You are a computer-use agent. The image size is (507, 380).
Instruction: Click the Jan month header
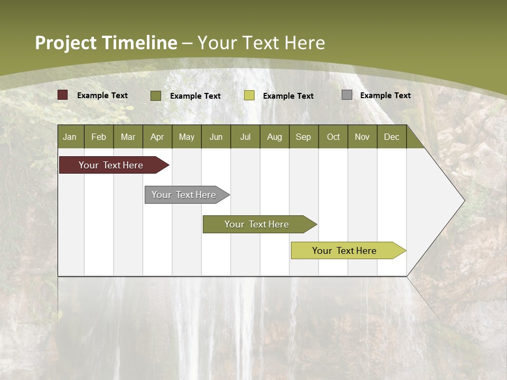click(70, 137)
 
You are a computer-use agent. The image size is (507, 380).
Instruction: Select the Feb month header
click(99, 137)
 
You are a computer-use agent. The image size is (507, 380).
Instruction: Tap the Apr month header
click(157, 137)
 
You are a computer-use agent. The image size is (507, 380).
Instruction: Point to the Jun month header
click(216, 137)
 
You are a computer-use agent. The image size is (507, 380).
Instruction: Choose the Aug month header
click(275, 137)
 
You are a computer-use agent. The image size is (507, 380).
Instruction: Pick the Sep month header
click(304, 137)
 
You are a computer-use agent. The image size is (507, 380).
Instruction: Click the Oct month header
click(333, 137)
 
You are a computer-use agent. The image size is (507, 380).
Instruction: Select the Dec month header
click(392, 137)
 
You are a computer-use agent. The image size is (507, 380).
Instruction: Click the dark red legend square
click(63, 95)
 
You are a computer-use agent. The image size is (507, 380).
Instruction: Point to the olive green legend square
click(156, 96)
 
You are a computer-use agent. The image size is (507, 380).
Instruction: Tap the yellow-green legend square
click(249, 96)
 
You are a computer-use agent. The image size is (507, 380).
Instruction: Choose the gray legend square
click(347, 95)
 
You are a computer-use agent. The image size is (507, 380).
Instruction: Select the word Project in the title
click(65, 43)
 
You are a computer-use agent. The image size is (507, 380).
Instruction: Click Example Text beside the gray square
click(385, 96)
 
